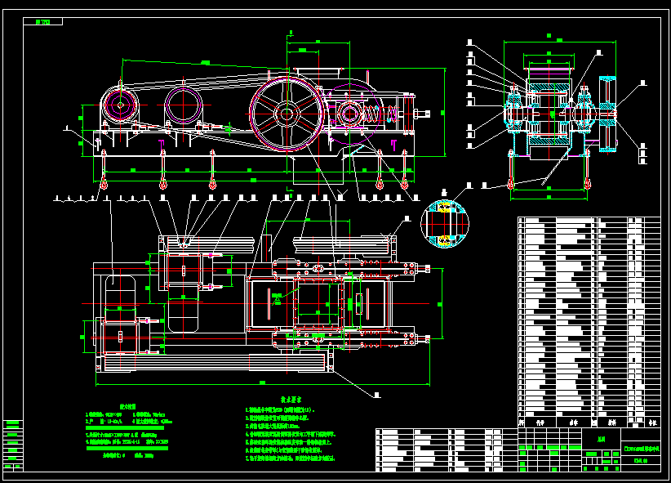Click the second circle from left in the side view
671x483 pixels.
[x=183, y=105]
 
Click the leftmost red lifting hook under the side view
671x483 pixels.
[x=104, y=183]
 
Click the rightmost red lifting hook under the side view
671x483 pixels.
[x=406, y=183]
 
